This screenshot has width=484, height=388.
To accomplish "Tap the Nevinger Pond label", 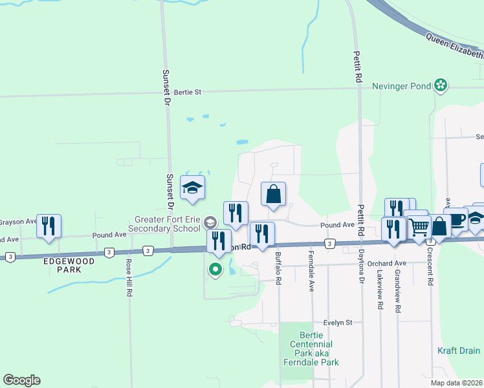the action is click(x=402, y=85).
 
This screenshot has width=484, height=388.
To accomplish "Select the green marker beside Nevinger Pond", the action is click(x=441, y=85).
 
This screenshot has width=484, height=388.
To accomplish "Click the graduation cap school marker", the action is click(x=192, y=188).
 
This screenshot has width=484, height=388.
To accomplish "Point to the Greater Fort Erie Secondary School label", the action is click(x=168, y=224).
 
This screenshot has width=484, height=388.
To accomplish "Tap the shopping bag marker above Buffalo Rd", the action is click(x=274, y=193).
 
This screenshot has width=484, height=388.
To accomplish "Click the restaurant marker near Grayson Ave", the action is click(x=49, y=226).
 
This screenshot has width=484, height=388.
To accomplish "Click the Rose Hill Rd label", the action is click(x=129, y=278).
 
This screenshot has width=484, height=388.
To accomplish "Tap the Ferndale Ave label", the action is click(x=311, y=271).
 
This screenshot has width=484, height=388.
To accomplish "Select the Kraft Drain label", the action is click(x=459, y=351).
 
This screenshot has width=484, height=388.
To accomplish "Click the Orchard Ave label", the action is click(x=386, y=263).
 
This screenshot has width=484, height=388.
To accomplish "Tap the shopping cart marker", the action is click(x=420, y=226).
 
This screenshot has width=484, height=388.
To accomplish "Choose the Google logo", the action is click(x=21, y=380).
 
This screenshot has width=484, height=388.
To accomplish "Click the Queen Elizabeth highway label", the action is click(x=454, y=46).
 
